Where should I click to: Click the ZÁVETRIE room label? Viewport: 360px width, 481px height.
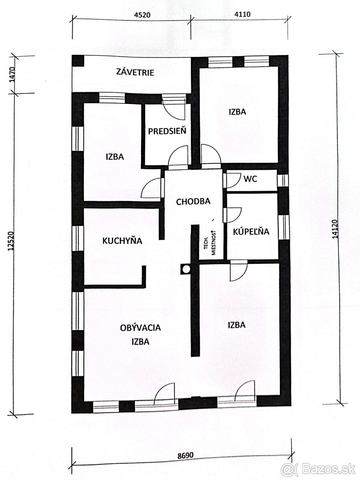coord(135,73)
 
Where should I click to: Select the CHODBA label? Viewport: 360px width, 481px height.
coord(193,202)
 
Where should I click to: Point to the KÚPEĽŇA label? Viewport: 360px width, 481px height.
coord(251,231)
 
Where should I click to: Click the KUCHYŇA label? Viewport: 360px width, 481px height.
coord(123,241)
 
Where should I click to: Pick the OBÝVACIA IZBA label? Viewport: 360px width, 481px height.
coord(140,335)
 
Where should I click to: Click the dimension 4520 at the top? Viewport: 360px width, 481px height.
coord(141,15)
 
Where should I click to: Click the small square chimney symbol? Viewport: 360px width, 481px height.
coord(185,269)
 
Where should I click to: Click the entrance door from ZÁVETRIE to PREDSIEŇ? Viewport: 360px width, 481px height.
coord(174,107)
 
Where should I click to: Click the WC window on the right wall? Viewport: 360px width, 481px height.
coord(283,180)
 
